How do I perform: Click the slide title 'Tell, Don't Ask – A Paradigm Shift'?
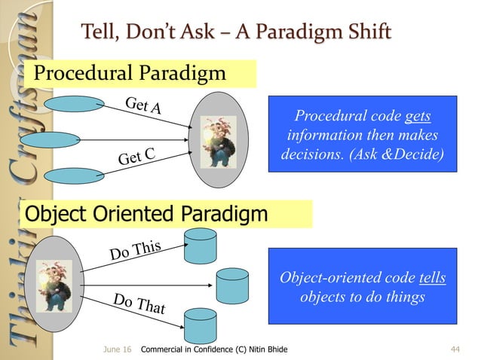pyautogui.click(x=235, y=32)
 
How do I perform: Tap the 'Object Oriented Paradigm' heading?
pyautogui.click(x=146, y=215)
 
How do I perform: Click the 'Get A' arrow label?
pyautogui.click(x=142, y=106)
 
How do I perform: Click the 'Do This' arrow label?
pyautogui.click(x=136, y=249)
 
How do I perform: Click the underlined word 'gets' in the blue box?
pyautogui.click(x=418, y=118)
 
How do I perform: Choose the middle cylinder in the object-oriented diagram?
pyautogui.click(x=232, y=285)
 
